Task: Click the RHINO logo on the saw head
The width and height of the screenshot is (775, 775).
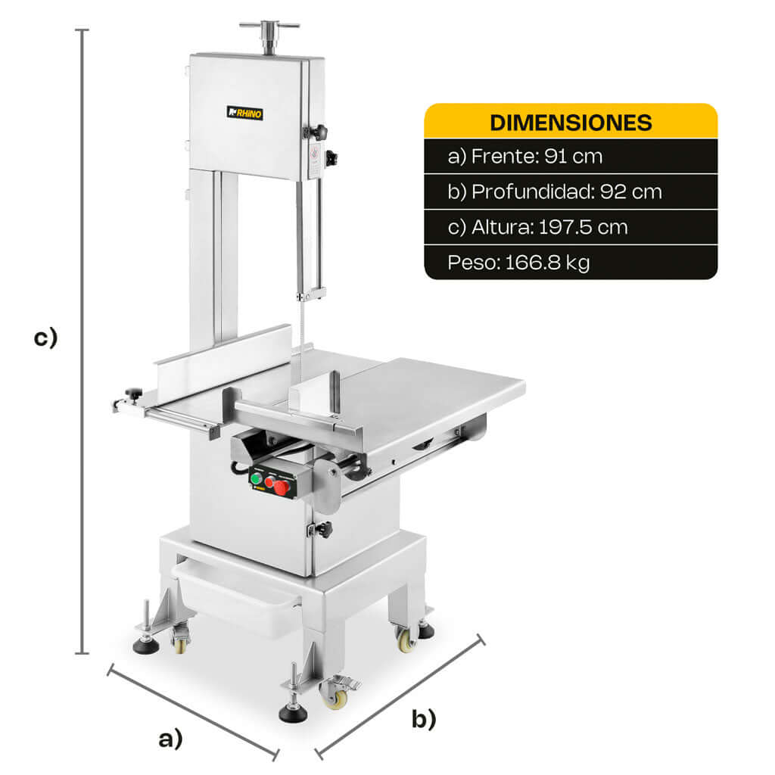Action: [x=245, y=113]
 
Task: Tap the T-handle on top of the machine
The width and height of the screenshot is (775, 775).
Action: [x=269, y=28]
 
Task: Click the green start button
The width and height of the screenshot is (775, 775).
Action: [x=256, y=478]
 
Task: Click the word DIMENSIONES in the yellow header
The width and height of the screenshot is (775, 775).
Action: [x=571, y=123]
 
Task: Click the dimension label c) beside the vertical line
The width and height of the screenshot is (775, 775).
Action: [x=45, y=338]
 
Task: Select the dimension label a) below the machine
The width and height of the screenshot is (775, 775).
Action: [x=171, y=739]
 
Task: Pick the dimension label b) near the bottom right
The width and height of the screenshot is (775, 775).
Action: [x=424, y=719]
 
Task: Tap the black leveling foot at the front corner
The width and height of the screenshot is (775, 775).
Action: [x=292, y=712]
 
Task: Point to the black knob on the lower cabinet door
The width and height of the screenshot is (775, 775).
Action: [x=324, y=529]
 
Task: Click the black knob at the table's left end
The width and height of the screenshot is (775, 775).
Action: [x=134, y=393]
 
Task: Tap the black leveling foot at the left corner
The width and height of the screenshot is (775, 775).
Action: [x=145, y=646]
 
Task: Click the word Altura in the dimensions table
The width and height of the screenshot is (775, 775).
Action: [x=496, y=227]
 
